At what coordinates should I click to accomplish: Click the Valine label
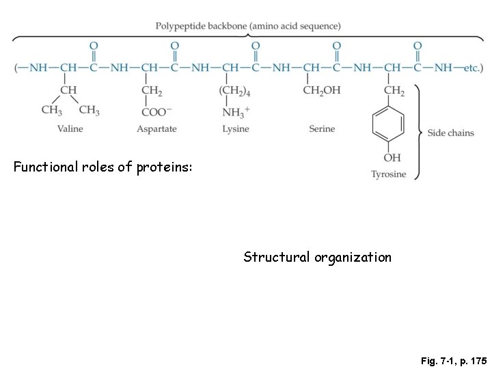[71, 128]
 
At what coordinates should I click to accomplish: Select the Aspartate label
[156, 128]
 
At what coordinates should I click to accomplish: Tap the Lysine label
[236, 128]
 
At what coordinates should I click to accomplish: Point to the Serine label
[322, 128]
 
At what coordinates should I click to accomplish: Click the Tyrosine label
[388, 174]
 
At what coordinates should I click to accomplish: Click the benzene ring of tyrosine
[387, 126]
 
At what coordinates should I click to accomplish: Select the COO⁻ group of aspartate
[157, 111]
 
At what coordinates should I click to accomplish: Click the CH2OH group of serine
[323, 92]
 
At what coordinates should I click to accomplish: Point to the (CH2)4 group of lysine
[234, 92]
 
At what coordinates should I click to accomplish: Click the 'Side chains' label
[450, 133]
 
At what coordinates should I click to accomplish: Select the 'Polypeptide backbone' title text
[248, 26]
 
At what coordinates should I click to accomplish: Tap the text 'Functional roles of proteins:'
[102, 165]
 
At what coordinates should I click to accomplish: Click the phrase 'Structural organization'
[318, 258]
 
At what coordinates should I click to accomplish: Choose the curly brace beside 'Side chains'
[418, 133]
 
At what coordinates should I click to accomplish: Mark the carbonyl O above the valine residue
[94, 46]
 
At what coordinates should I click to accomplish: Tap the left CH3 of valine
[52, 110]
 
